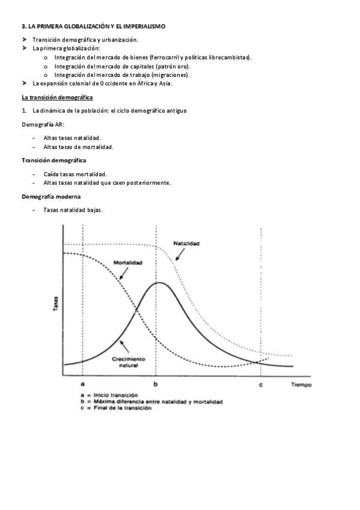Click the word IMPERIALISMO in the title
143,27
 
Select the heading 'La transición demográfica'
57,97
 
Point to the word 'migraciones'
171,75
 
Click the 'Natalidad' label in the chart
186,244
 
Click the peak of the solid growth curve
157,283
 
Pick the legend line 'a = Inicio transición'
110,395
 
